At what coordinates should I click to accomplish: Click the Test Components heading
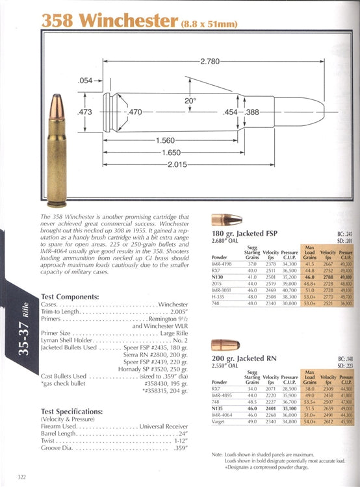(70, 297)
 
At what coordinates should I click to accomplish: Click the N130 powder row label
(219, 277)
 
